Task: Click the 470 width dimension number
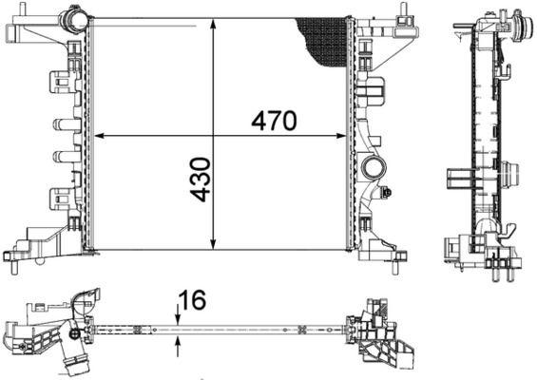[x=275, y=121]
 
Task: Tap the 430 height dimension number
[x=201, y=180]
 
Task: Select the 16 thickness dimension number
[x=192, y=299]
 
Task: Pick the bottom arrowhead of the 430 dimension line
[x=218, y=244]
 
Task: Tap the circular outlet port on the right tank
[x=373, y=170]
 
